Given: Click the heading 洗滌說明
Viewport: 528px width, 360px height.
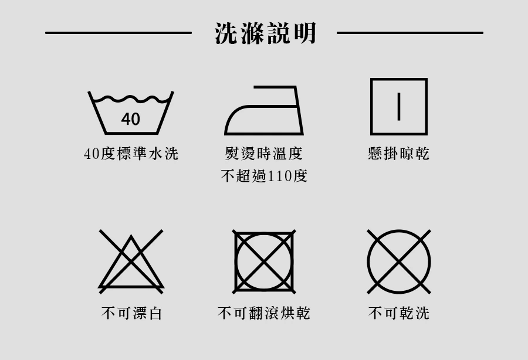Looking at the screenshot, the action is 265,33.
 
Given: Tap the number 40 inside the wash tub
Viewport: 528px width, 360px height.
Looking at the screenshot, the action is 131,119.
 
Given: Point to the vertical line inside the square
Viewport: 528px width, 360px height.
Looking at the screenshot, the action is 399,107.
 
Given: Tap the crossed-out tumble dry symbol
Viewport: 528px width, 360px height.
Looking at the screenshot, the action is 264,261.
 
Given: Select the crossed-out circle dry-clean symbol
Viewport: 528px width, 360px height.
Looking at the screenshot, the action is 399,261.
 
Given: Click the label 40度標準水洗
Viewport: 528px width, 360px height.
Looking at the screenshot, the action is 131,154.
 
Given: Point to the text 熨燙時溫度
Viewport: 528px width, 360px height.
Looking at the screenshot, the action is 263,154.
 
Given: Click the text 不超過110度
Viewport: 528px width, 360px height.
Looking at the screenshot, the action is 263,176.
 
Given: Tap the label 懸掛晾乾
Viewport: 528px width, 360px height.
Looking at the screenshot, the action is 399,154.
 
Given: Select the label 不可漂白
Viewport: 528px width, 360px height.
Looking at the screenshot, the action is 131,313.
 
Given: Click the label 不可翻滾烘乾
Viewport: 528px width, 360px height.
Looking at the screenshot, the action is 263,313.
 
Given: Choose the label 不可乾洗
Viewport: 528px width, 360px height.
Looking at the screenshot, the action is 399,313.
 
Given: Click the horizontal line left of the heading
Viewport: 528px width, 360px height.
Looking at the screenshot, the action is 119,33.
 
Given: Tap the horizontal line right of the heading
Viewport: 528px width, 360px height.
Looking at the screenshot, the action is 410,33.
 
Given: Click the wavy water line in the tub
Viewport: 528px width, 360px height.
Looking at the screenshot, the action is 131,99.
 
